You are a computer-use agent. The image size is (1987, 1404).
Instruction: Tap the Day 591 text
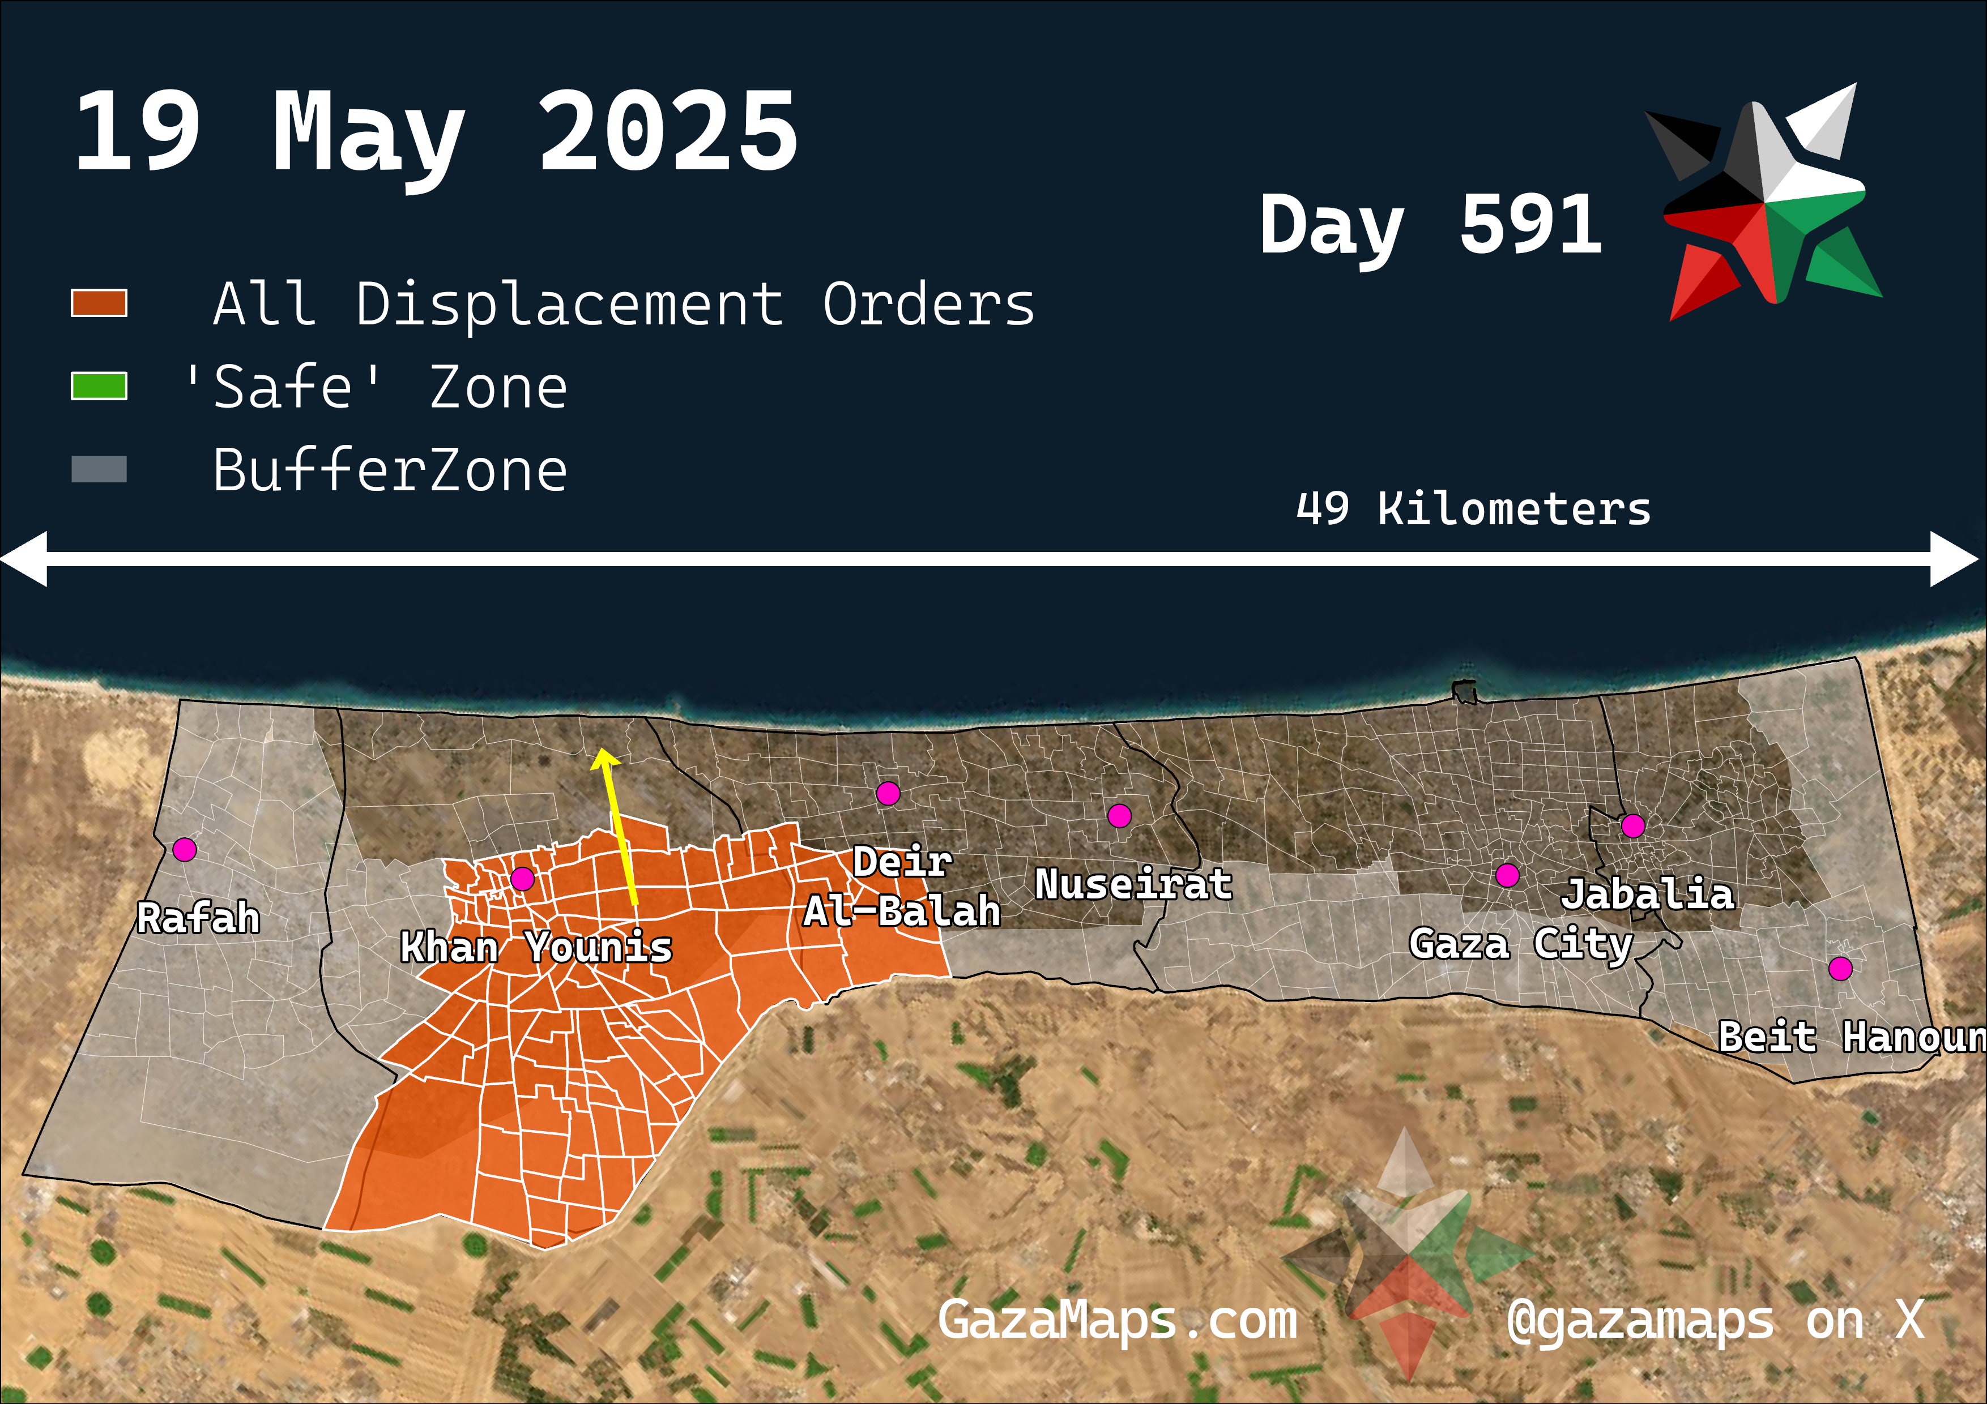click(x=1430, y=225)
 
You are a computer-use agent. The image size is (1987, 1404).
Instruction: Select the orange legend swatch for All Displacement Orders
click(x=99, y=303)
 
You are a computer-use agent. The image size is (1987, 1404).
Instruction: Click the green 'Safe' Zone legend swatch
click(x=99, y=386)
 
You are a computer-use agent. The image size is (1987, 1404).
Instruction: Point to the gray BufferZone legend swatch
click(x=99, y=469)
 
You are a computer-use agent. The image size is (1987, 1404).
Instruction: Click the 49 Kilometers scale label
click(x=1473, y=508)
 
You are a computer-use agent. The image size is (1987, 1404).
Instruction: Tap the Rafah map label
click(x=198, y=918)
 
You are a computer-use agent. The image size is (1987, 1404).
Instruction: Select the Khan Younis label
click(x=536, y=947)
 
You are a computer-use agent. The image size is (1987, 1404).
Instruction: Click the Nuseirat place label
click(x=1133, y=884)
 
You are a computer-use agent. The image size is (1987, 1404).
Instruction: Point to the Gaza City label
click(x=1520, y=944)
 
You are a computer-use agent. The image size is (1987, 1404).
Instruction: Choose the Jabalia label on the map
click(x=1648, y=893)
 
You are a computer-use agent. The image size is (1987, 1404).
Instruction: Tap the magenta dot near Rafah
click(x=184, y=850)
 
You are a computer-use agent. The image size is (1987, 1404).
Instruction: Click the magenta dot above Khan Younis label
click(x=522, y=879)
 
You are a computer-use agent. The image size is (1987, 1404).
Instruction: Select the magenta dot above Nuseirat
click(x=1119, y=815)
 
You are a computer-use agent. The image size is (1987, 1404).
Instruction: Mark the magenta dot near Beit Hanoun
click(x=1840, y=968)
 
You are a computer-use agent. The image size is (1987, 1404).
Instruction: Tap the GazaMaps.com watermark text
click(x=1117, y=1320)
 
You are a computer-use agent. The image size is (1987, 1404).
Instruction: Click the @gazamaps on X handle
click(x=1715, y=1320)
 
